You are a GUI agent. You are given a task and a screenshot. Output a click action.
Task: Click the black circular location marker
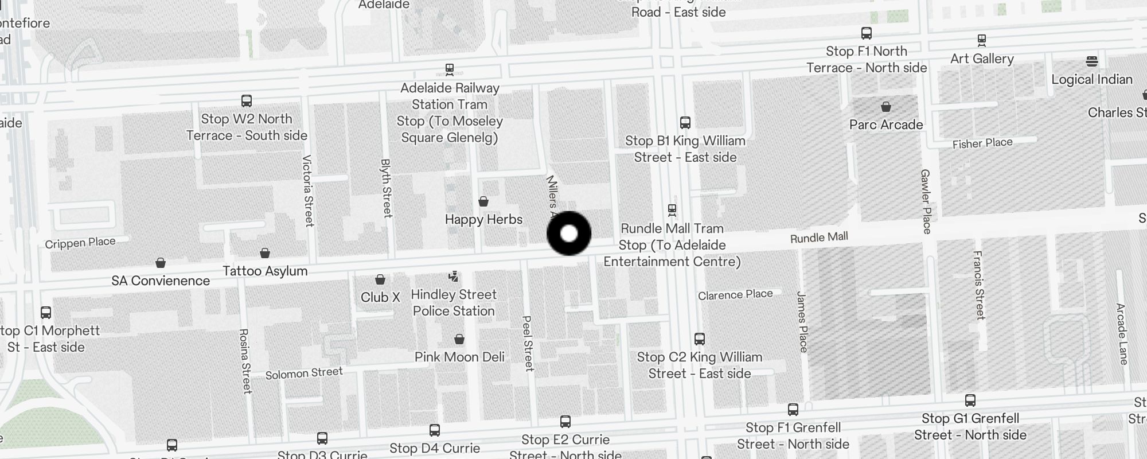[x=569, y=234]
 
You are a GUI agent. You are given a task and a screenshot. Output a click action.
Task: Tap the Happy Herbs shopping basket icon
[x=483, y=201]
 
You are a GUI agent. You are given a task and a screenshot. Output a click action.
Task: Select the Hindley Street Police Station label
[x=454, y=302]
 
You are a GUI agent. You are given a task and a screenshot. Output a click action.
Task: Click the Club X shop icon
[x=380, y=279]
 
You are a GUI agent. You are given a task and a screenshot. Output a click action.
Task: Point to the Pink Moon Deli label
[x=459, y=357]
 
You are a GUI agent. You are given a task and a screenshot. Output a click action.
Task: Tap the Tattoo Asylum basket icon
[x=265, y=253]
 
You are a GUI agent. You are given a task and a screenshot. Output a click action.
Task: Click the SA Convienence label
[x=161, y=281]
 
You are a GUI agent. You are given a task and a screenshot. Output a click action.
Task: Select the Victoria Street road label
[x=309, y=190]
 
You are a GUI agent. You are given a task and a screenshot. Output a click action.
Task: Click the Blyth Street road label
[x=387, y=188]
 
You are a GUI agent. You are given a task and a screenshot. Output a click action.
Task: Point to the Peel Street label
[x=528, y=343]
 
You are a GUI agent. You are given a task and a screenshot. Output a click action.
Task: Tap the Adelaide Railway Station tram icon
[x=450, y=69]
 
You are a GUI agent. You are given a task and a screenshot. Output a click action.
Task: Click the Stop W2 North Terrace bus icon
[x=247, y=101]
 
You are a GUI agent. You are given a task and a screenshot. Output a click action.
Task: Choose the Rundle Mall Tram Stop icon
[x=672, y=209]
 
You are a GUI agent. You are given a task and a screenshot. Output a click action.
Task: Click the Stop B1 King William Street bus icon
[x=685, y=122]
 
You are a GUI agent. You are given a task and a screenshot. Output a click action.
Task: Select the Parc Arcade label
[x=886, y=125]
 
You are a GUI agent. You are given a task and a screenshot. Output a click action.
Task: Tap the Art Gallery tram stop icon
[x=982, y=40]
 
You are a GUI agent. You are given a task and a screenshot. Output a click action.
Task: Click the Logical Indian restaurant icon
[x=1092, y=61]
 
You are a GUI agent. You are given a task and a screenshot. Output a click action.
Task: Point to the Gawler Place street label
[x=926, y=201]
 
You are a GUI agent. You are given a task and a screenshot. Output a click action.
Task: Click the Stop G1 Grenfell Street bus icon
[x=970, y=400]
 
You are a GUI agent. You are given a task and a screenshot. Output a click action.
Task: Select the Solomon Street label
[x=304, y=373]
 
